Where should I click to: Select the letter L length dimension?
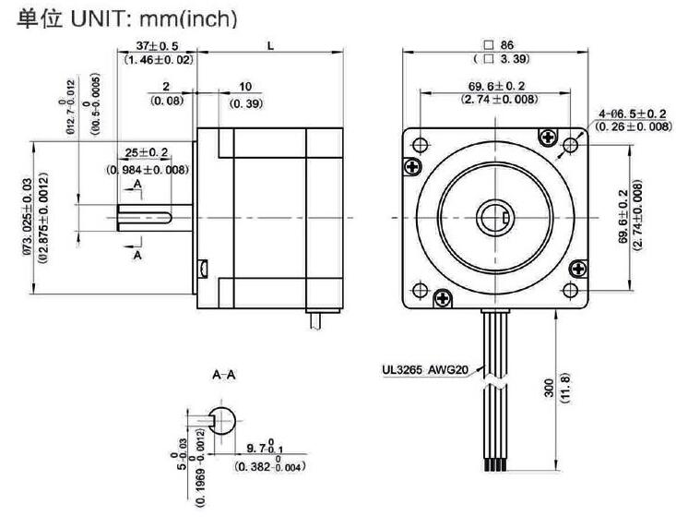[269, 45]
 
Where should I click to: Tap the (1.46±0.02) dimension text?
[159, 60]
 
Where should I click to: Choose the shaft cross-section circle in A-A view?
[223, 420]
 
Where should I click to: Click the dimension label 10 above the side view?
[244, 87]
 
